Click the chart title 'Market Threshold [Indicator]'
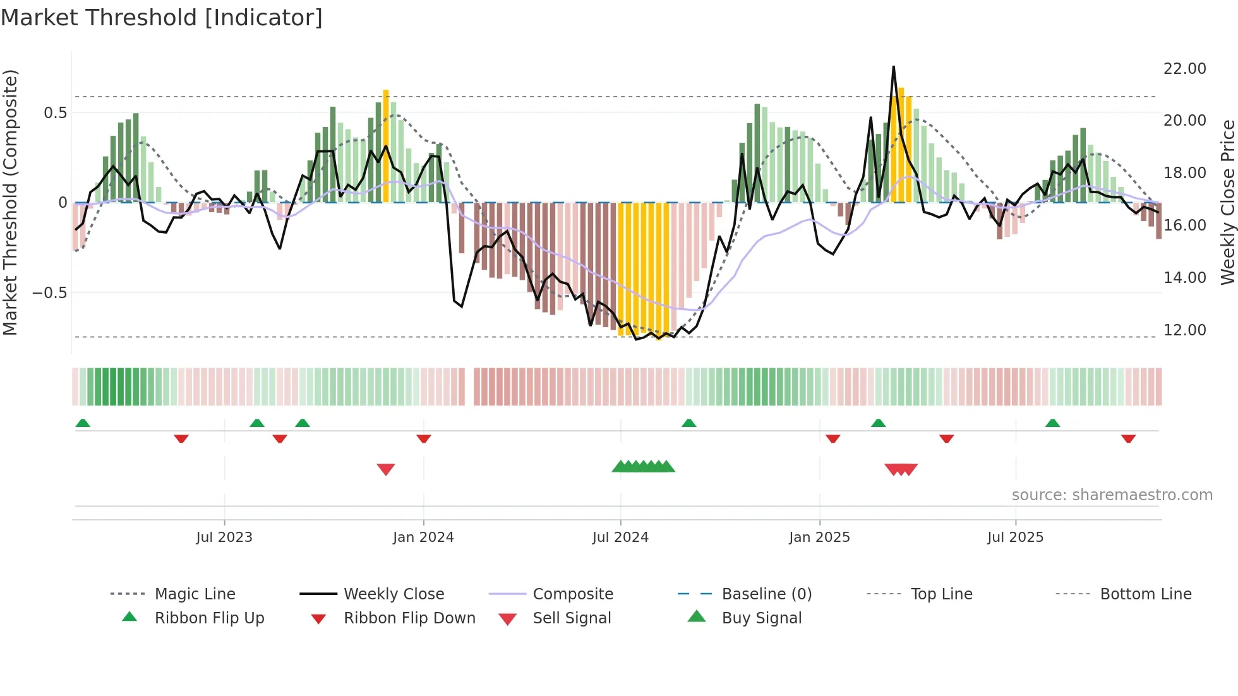[x=162, y=18]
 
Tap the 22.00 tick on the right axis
[x=1184, y=68]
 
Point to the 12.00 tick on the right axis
[x=1184, y=330]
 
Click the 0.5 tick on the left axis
[x=55, y=112]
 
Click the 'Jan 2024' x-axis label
[x=423, y=537]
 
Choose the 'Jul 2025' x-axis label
[x=1015, y=537]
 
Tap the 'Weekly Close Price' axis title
[x=1227, y=202]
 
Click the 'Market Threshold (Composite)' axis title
[x=10, y=202]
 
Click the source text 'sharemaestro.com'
[x=1112, y=495]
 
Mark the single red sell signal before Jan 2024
[x=386, y=469]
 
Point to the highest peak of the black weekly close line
[x=893, y=67]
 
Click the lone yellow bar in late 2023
[x=386, y=145]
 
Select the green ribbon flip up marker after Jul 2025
[x=1052, y=423]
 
